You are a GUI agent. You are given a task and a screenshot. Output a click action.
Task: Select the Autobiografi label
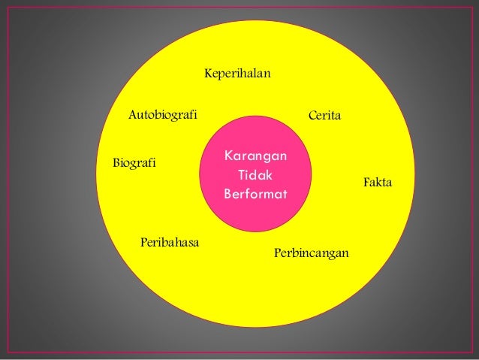coord(162,115)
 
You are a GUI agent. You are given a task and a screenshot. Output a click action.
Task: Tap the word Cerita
coord(325,116)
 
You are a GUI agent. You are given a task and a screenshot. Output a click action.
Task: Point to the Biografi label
coord(134,162)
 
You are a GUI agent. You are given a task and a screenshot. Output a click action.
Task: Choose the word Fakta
coord(378,183)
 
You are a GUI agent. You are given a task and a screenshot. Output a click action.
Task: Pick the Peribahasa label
coord(169,242)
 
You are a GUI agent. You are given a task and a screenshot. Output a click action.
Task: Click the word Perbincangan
coord(312,253)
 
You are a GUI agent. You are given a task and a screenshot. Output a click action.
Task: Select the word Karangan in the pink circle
coord(255,156)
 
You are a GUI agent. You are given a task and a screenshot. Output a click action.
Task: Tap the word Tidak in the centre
coord(255,175)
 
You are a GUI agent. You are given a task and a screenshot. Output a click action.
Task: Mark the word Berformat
coord(255,194)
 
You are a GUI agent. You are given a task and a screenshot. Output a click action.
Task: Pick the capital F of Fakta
coord(366,183)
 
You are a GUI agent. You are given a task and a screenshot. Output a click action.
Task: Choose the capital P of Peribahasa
coord(143,242)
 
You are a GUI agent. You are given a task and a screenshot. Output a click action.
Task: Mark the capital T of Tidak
coord(241,175)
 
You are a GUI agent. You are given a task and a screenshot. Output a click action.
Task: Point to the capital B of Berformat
coord(227,194)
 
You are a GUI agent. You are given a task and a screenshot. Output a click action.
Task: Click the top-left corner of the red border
coord(6,7)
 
